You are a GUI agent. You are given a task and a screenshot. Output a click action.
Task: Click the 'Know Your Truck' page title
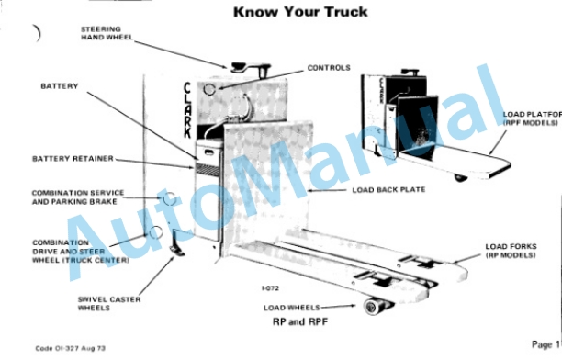coord(300,12)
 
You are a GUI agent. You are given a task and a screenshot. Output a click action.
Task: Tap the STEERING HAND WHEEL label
coord(107,33)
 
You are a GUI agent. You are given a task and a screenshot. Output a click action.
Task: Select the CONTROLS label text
coord(329,68)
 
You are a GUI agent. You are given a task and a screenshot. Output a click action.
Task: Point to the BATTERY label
coord(59,86)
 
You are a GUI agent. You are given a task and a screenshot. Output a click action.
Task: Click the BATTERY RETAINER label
coord(73,159)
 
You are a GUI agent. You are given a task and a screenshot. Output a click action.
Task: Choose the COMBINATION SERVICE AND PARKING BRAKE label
coord(78,197)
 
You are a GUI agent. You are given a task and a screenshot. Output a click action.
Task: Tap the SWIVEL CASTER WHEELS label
coord(109,304)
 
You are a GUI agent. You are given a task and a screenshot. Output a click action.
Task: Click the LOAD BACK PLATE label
coord(388,190)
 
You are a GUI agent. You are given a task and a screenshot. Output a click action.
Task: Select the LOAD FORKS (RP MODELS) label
coord(511,251)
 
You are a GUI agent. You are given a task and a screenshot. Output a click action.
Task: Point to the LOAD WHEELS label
coord(291,308)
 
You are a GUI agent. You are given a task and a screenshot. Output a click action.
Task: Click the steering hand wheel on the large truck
coord(250,69)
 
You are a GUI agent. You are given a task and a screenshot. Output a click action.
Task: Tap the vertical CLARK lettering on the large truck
coord(187,110)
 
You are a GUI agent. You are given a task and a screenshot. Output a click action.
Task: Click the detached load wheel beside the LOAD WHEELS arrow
coord(374,306)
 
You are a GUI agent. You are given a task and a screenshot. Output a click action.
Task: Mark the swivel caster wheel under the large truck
coord(176,250)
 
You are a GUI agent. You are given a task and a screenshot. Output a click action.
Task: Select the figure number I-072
coord(270,288)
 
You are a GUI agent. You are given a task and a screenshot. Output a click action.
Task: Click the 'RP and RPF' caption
coord(300,321)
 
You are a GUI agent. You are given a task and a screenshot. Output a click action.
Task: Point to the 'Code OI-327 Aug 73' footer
coord(70,348)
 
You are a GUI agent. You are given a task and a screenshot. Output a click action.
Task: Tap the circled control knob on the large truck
coord(209,89)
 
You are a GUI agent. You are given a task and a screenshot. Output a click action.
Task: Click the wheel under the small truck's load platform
coord(460,177)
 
